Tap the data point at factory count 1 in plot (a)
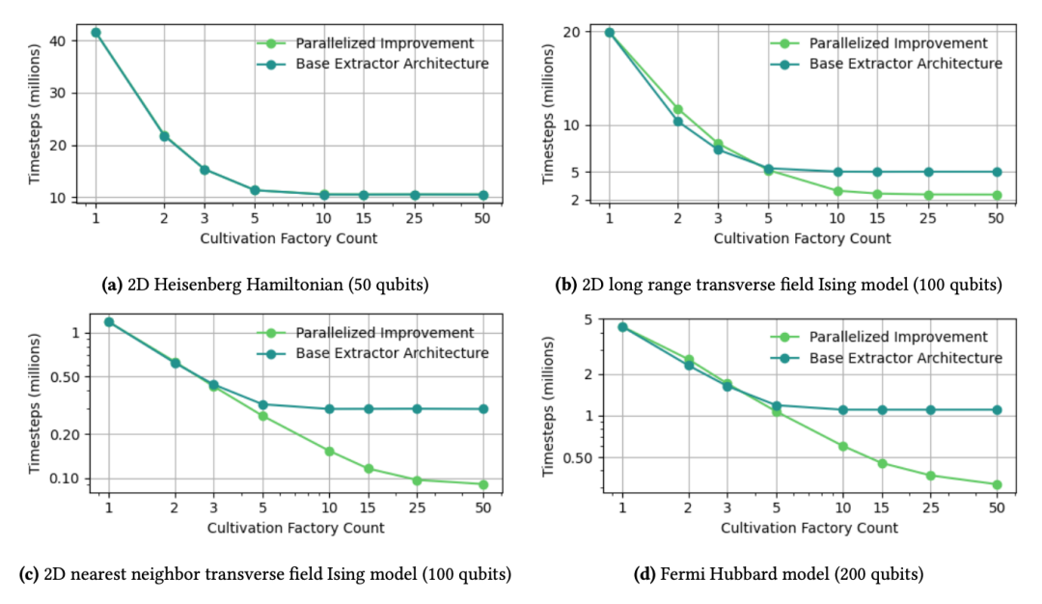pyautogui.click(x=96, y=32)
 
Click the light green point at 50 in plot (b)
pyautogui.click(x=997, y=195)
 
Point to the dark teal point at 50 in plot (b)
pyautogui.click(x=997, y=172)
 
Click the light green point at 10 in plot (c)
pyautogui.click(x=330, y=451)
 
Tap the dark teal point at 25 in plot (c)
pyautogui.click(x=417, y=409)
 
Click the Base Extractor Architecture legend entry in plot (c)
pyautogui.click(x=392, y=353)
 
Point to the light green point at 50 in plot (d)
pyautogui.click(x=997, y=484)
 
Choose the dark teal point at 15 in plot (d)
pyautogui.click(x=882, y=410)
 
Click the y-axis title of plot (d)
pyautogui.click(x=550, y=409)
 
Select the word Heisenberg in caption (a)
pyautogui.click(x=193, y=285)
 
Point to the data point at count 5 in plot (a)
pyautogui.click(x=254, y=190)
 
